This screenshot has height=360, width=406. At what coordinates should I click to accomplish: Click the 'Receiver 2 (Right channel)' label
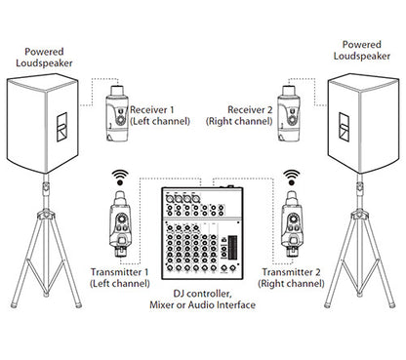coord(239,115)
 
